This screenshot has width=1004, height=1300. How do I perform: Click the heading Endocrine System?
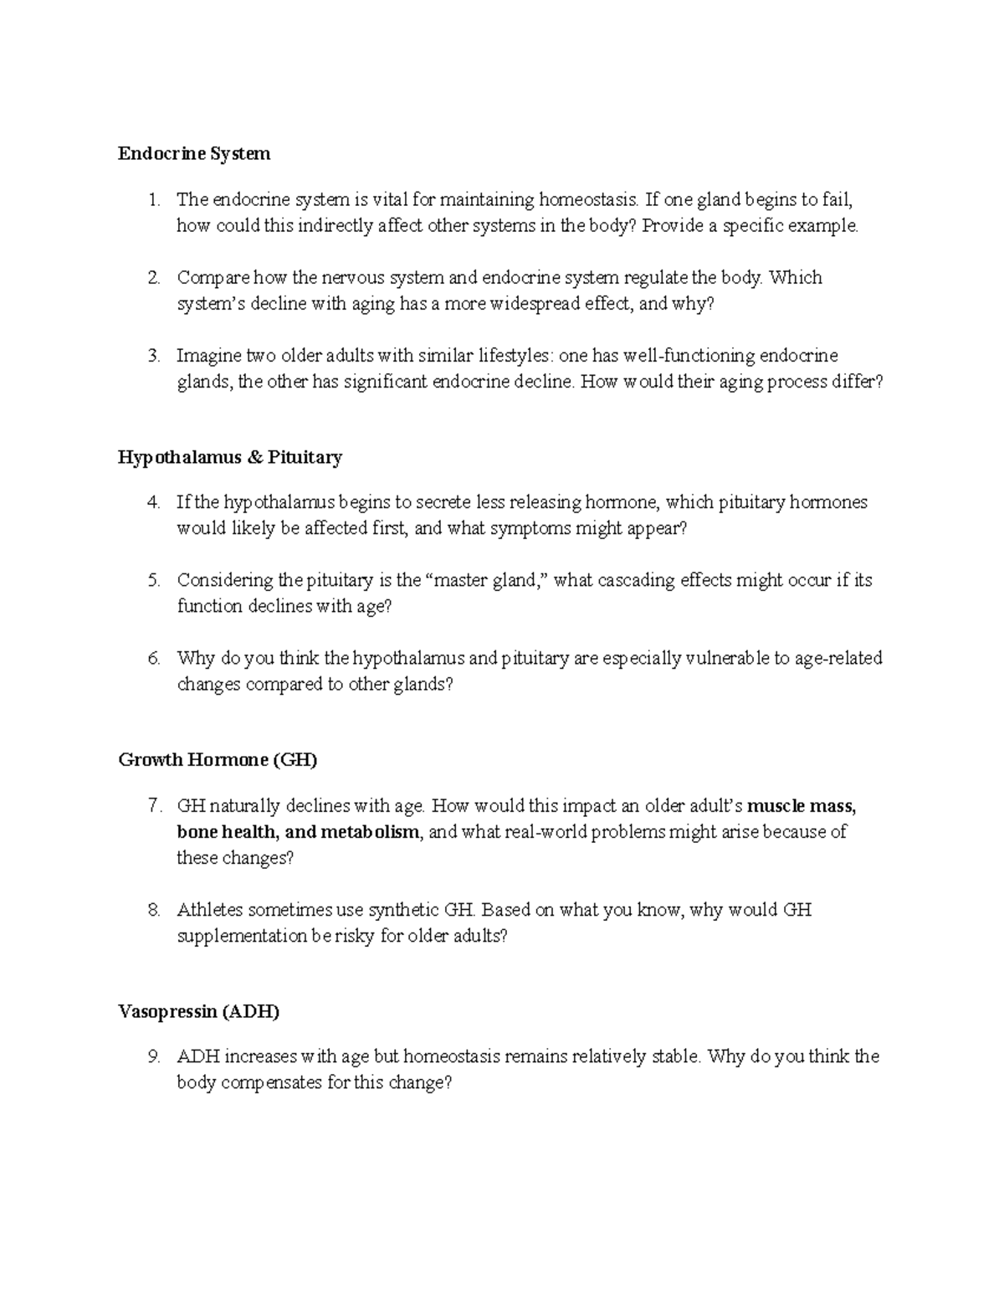pyautogui.click(x=194, y=154)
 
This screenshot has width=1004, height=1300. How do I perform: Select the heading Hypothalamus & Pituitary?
pyautogui.click(x=230, y=457)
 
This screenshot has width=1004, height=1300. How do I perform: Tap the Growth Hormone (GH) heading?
pyautogui.click(x=218, y=760)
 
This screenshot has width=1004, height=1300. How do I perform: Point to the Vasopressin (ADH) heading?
pyautogui.click(x=198, y=1011)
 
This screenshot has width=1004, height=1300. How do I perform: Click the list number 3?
pyautogui.click(x=153, y=357)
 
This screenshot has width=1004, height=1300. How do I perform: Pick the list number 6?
pyautogui.click(x=153, y=659)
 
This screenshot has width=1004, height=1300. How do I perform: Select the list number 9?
pyautogui.click(x=153, y=1056)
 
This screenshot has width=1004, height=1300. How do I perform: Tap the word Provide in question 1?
pyautogui.click(x=672, y=226)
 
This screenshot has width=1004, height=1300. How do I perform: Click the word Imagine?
pyautogui.click(x=208, y=357)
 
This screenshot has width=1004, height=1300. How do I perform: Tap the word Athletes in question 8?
pyautogui.click(x=209, y=910)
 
